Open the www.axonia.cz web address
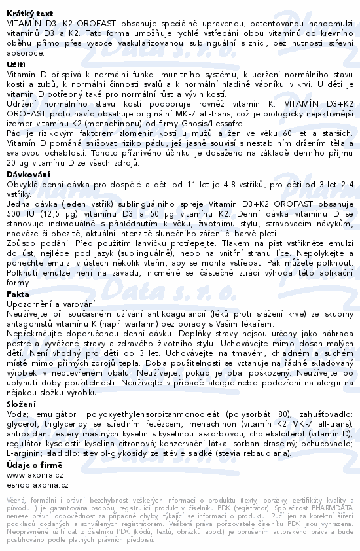(35, 474)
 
